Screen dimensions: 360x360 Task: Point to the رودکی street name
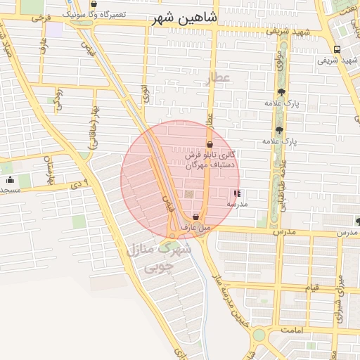[58, 98]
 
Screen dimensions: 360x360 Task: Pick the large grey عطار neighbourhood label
[219, 78]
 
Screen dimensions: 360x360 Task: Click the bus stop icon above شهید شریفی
[337, 49]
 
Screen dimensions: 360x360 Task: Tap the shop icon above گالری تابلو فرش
[210, 144]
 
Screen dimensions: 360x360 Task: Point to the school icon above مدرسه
[236, 193]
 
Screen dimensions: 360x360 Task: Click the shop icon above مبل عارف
[195, 217]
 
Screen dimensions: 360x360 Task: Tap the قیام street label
[311, 288]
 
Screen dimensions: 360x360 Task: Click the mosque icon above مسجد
[10, 180]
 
